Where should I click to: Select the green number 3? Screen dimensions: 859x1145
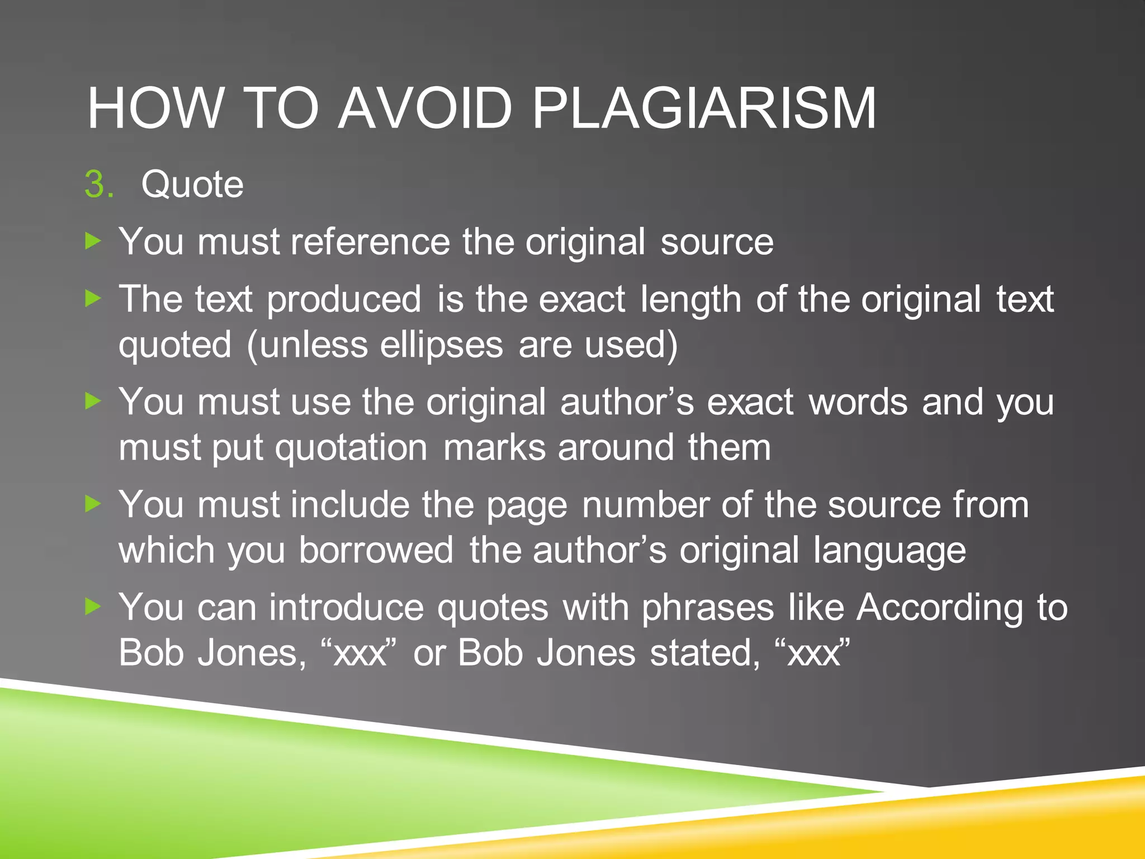(x=98, y=185)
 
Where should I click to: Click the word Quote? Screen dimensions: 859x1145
(x=192, y=185)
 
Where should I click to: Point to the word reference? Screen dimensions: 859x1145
(x=370, y=242)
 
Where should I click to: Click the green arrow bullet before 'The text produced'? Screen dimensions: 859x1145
(x=93, y=299)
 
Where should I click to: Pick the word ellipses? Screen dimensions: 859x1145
(x=442, y=345)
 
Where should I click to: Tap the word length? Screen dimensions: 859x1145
(x=690, y=300)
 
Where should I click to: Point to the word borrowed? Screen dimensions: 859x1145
(x=376, y=550)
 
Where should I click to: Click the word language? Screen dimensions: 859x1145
(x=889, y=551)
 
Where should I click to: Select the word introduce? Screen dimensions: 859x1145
(x=347, y=608)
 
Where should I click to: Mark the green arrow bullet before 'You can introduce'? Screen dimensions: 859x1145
(x=93, y=607)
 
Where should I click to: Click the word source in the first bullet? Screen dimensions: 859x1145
(x=717, y=242)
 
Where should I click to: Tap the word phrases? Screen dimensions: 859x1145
(x=708, y=608)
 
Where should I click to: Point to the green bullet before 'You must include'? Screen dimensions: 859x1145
(x=93, y=504)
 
